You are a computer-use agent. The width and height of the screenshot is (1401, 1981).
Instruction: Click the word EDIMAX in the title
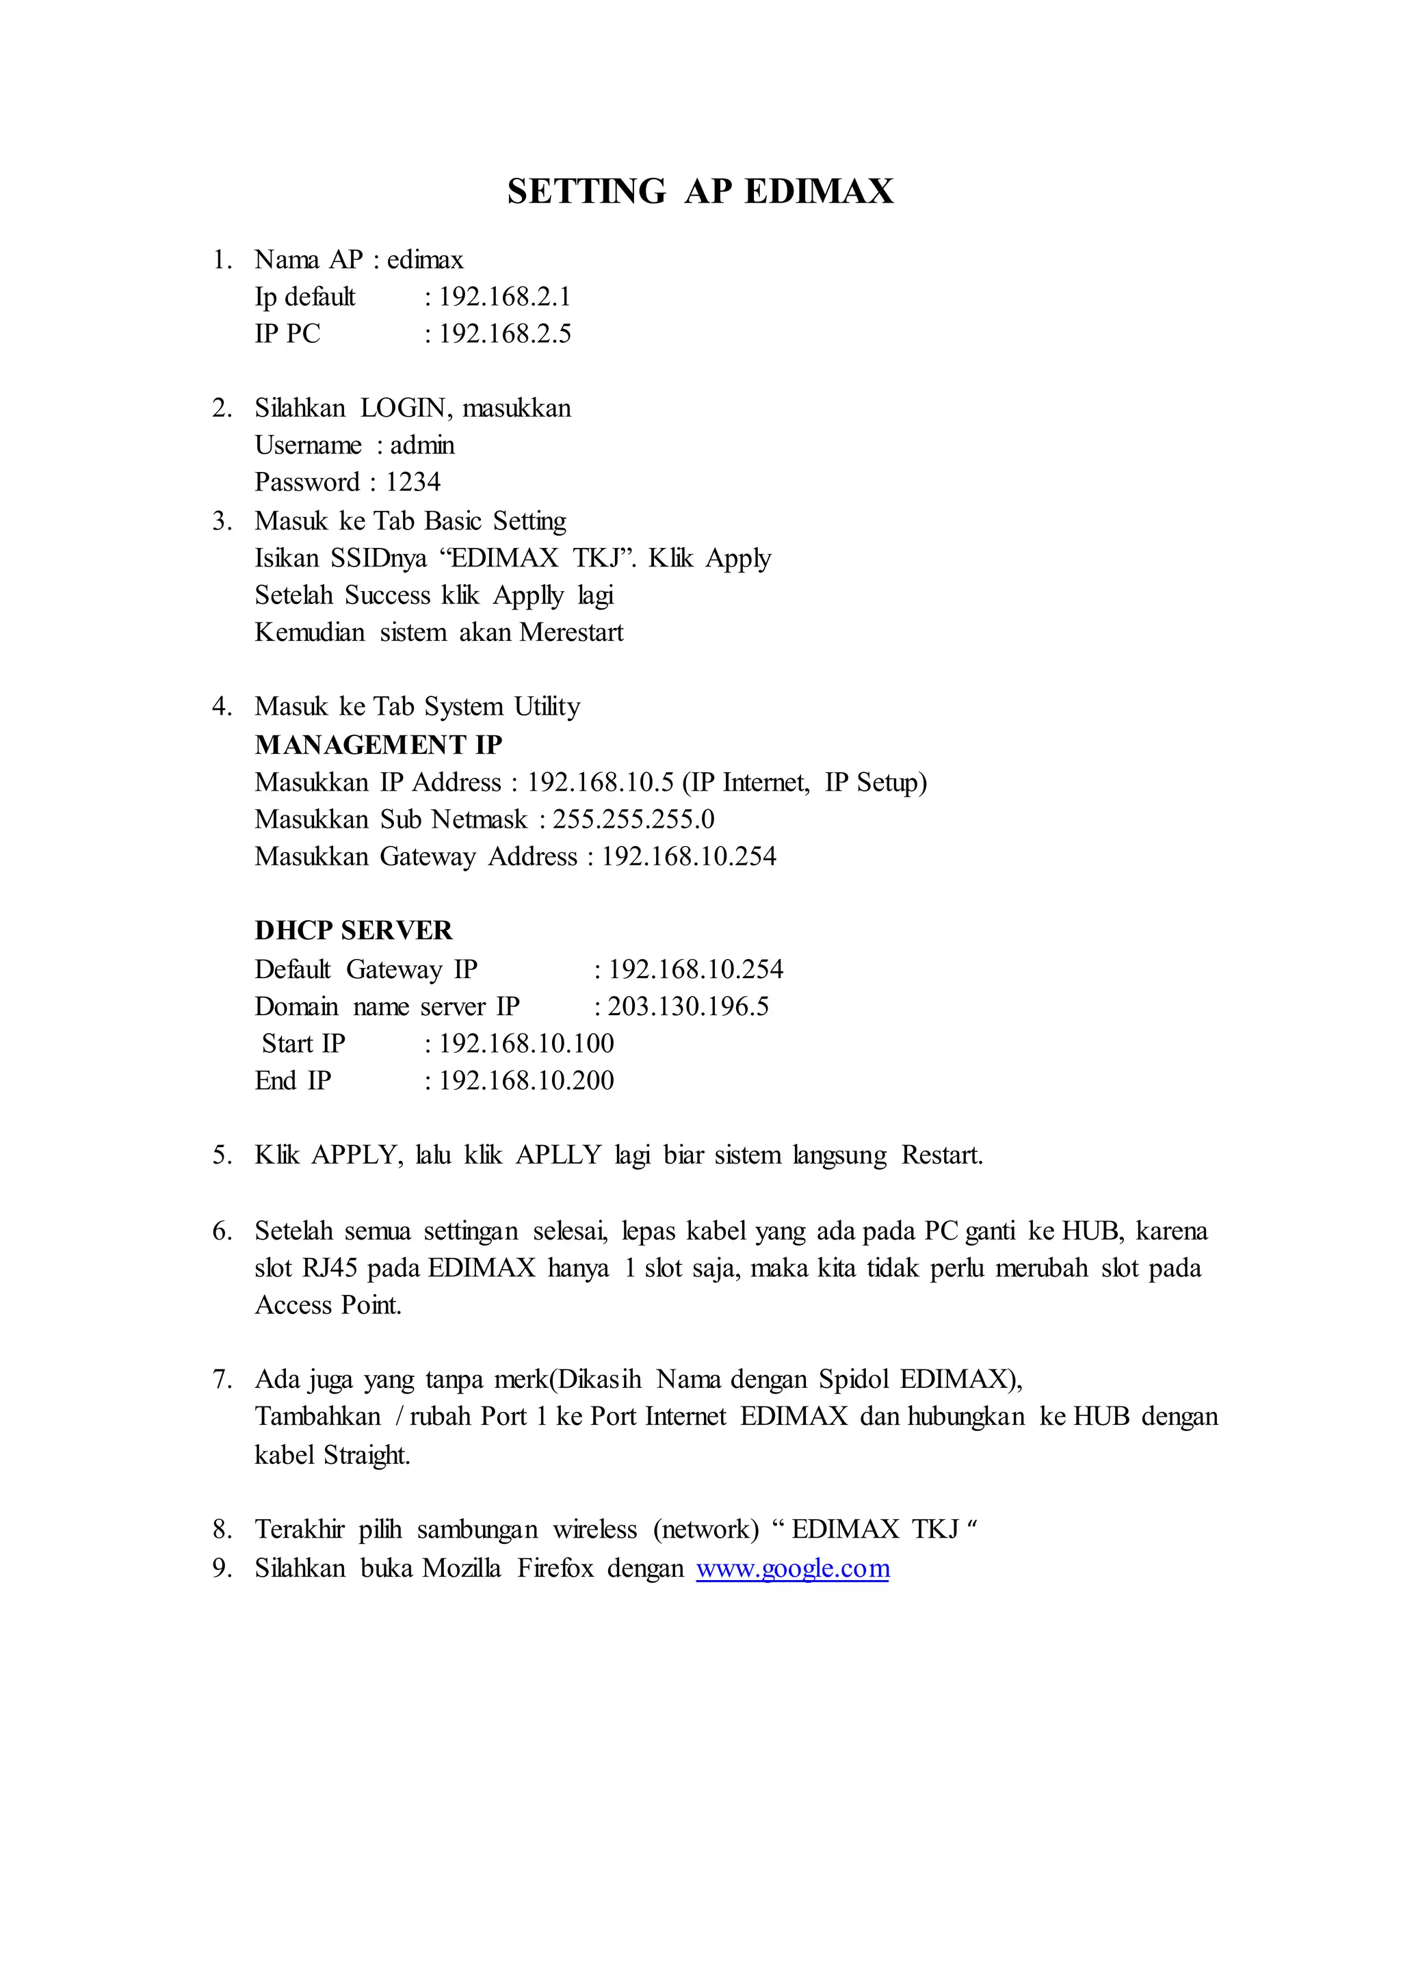coord(818,192)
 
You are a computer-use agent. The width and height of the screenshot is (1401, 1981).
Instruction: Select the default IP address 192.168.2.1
coord(505,297)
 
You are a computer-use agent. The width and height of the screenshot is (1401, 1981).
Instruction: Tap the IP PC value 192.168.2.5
coord(505,334)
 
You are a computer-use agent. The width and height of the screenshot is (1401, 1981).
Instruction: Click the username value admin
coord(422,445)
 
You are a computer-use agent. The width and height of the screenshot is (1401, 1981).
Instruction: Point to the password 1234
coord(413,482)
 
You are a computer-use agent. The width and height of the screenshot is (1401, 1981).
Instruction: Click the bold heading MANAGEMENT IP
coord(378,745)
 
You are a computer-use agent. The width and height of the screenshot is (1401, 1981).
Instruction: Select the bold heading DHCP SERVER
coord(353,930)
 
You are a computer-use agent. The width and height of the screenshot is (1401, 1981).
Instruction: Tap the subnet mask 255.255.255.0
coord(633,819)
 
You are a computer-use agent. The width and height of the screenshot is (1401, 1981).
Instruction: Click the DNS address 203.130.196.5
coord(688,1007)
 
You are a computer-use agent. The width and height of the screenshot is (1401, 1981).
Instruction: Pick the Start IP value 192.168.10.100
coord(526,1044)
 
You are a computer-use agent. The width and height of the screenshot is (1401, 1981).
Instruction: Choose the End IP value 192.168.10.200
coord(526,1081)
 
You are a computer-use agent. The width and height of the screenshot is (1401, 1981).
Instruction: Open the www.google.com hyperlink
coord(792,1569)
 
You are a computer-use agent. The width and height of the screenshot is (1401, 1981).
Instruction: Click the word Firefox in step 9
coord(555,1569)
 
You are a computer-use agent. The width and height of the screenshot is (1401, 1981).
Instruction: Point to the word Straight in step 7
coord(367,1456)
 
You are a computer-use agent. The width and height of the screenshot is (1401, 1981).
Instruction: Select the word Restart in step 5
coord(941,1155)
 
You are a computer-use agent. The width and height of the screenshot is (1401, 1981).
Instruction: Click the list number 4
coord(221,707)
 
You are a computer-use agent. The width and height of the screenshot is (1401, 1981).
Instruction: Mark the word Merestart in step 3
coord(571,633)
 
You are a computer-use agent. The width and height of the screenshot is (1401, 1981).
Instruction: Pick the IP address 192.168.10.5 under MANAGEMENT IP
coord(599,783)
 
